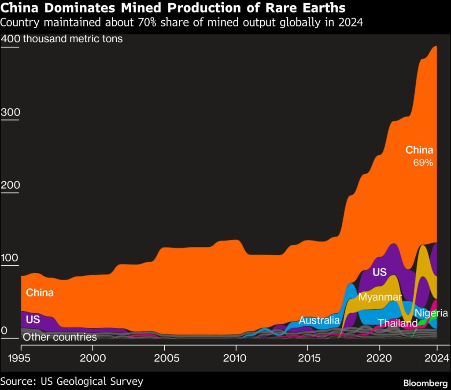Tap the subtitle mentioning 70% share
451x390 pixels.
pyautogui.click(x=182, y=22)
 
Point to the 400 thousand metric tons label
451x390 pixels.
pyautogui.click(x=62, y=39)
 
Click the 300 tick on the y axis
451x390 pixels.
pyautogui.click(x=11, y=113)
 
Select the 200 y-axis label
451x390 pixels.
pyautogui.click(x=11, y=185)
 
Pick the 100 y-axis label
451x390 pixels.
pyautogui.click(x=11, y=258)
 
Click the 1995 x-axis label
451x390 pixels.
pyautogui.click(x=21, y=357)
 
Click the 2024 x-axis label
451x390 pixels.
pyautogui.click(x=436, y=357)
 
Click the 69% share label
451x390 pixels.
pyautogui.click(x=423, y=163)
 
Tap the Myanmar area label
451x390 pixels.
pyautogui.click(x=380, y=297)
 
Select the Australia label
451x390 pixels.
pyautogui.click(x=319, y=320)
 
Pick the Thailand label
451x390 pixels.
pyautogui.click(x=397, y=323)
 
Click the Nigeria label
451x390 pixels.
pyautogui.click(x=432, y=313)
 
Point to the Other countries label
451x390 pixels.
pyautogui.click(x=59, y=337)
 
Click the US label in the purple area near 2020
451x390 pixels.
pyautogui.click(x=379, y=272)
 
